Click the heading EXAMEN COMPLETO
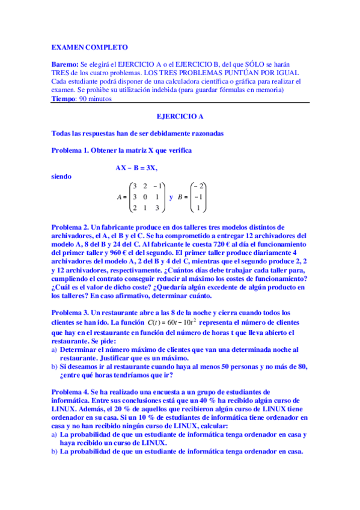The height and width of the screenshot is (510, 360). coord(89,46)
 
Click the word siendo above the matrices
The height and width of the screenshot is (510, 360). coord(62,176)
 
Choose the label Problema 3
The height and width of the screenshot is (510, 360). coord(70,313)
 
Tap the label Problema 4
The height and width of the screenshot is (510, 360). coord(70,391)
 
